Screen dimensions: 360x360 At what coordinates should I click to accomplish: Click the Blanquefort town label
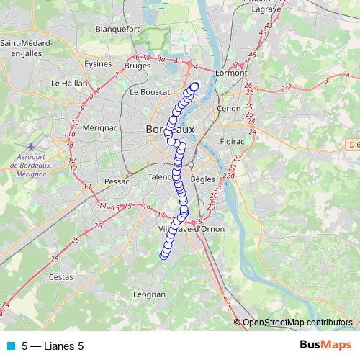coord(117,30)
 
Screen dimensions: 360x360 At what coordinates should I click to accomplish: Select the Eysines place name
coord(98,63)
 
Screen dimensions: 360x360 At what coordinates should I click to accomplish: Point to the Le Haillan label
coord(66,84)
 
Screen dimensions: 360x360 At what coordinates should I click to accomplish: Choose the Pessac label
coord(116,181)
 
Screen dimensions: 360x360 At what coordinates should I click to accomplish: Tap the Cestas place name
coord(60,276)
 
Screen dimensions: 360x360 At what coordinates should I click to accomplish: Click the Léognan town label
coord(150,294)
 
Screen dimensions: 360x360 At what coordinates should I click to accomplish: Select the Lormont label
coord(231,73)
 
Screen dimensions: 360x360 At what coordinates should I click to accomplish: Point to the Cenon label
coord(228,109)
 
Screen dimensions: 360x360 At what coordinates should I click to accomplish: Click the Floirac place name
coord(233,142)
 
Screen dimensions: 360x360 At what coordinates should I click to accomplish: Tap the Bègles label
coord(203,178)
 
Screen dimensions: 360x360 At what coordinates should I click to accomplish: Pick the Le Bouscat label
coord(150,92)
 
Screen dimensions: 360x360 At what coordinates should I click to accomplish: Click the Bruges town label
coord(137,66)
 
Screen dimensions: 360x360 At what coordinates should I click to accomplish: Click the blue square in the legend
coord(10,346)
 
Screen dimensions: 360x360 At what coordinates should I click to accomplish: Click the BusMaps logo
coord(325,345)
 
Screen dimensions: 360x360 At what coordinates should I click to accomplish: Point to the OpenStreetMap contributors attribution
coord(297,322)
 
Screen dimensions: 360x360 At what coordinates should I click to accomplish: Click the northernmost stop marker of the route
coord(194,86)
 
